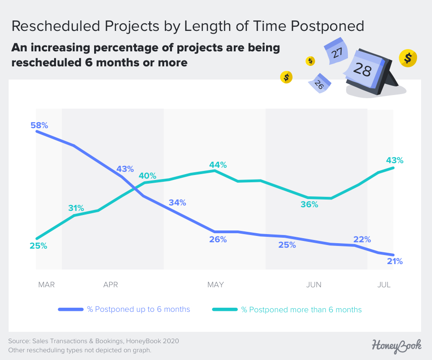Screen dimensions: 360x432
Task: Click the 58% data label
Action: tap(39, 125)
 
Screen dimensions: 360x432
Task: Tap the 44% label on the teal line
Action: tap(218, 165)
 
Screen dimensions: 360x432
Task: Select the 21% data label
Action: tap(394, 261)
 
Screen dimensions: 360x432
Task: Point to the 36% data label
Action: tap(309, 205)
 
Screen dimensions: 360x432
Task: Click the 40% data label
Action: tap(147, 176)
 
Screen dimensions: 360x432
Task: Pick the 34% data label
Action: tap(177, 203)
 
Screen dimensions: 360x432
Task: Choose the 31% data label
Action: tap(76, 208)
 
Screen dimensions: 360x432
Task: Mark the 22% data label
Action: tap(362, 240)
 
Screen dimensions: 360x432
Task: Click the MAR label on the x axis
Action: tap(46, 285)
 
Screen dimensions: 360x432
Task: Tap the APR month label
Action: tap(111, 285)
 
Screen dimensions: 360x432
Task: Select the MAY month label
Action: tap(216, 285)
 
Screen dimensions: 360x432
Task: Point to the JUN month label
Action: tap(314, 285)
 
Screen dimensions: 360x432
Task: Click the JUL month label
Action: tap(384, 285)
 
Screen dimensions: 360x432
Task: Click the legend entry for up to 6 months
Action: tap(138, 310)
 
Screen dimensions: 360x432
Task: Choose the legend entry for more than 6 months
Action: tap(301, 310)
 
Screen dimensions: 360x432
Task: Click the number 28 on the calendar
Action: tap(362, 70)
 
